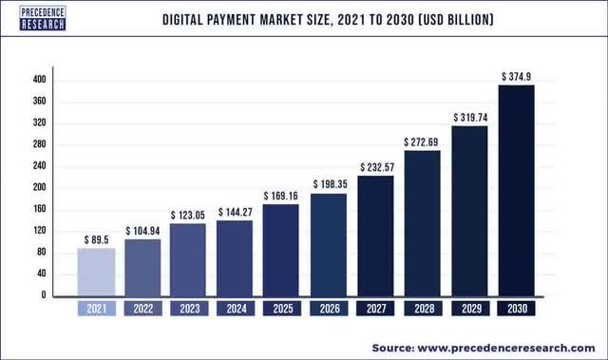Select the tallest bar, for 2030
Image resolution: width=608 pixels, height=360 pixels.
coord(516,190)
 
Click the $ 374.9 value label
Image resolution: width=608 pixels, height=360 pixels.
coord(517,74)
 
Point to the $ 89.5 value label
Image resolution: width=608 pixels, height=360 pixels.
coord(96,237)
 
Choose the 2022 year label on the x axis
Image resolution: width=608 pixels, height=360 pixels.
coord(143,309)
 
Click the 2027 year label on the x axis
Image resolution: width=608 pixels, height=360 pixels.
coord(376,309)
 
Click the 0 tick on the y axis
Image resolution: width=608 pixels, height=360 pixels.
coord(43,295)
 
